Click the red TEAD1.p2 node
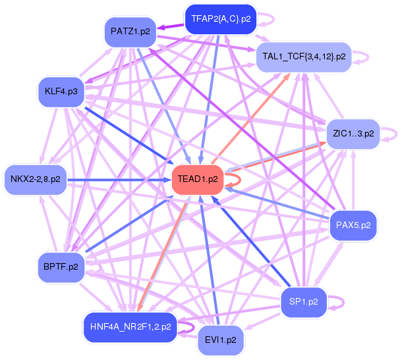pos(198,179)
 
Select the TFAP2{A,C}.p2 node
pos(221,19)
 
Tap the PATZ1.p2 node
pos(130,32)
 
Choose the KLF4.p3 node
pos(61,92)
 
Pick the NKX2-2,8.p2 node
pos(36,179)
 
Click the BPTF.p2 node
pos(61,267)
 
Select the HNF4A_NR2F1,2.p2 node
pos(130,327)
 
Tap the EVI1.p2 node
pos(221,340)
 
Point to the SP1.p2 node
pos(304,302)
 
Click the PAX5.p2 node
pos(353,225)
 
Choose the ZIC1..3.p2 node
pos(353,134)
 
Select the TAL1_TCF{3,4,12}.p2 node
pos(304,57)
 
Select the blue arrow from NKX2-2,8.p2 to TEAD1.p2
pos(119,180)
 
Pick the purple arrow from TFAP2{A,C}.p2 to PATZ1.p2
pos(170,26)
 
